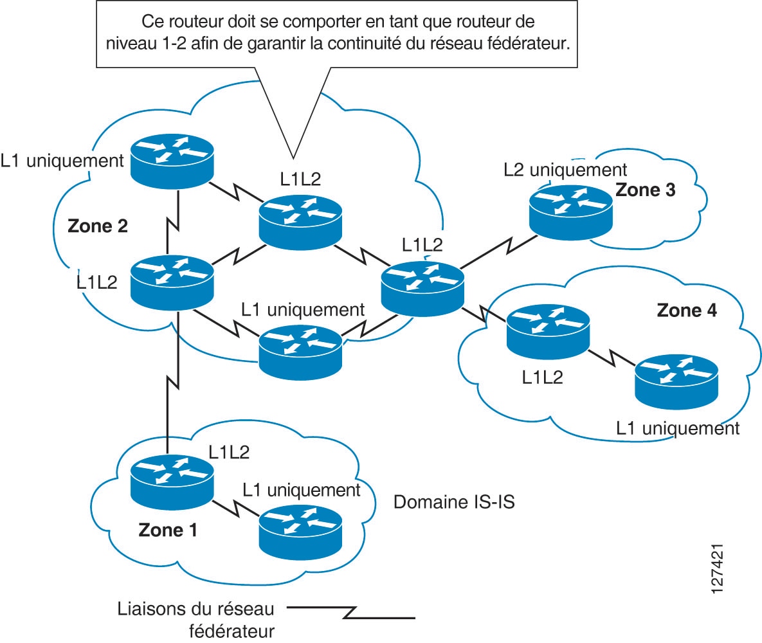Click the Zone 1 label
pos(168,530)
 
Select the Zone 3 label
pos(646,190)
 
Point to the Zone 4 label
pos(687,310)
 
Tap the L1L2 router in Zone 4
pos(547,331)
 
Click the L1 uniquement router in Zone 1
pos(300,530)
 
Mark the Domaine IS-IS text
pos(454,502)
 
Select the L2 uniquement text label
pos(565,170)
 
